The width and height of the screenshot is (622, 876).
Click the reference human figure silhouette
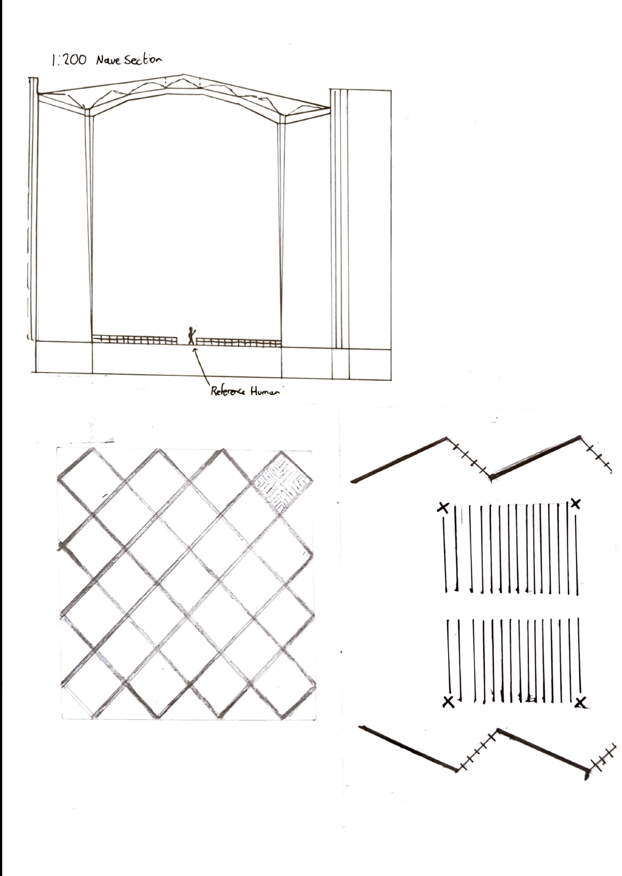(x=191, y=335)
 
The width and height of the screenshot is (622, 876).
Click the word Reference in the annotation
(x=228, y=392)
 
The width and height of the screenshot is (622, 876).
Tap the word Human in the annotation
(x=265, y=392)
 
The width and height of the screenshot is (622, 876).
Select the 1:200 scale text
(x=69, y=61)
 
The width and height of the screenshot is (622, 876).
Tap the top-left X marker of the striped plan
(x=443, y=508)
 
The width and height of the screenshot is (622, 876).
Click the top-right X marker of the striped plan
(x=575, y=503)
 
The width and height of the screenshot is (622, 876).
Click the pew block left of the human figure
(x=134, y=340)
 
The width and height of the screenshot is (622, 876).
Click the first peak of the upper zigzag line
(x=447, y=438)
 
